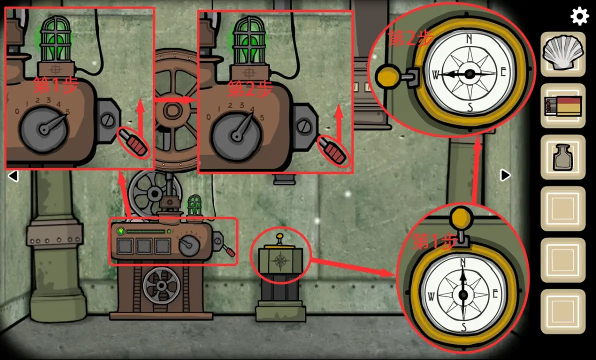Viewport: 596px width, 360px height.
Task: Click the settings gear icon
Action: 579,16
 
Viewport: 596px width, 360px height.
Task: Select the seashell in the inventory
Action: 562,52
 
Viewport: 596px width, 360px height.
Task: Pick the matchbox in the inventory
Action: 563,106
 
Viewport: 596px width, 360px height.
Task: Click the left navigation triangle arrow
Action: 13,175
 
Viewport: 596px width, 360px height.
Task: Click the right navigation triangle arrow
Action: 505,175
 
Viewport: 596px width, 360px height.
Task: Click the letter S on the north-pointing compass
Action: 463,326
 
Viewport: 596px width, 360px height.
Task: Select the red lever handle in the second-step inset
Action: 333,150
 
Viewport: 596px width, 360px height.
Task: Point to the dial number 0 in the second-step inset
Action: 208,116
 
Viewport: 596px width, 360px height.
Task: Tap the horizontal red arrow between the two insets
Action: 175,100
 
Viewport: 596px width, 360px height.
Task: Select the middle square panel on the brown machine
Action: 144,246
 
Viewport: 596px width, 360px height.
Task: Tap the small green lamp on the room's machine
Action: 194,205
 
